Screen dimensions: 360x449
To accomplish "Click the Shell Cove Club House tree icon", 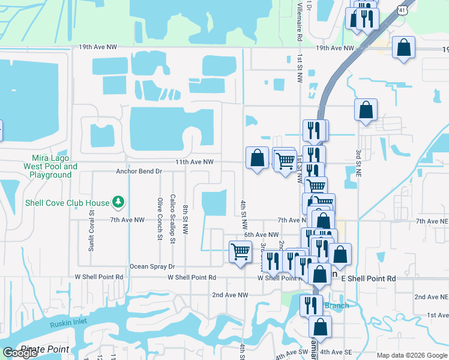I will coord(119,203).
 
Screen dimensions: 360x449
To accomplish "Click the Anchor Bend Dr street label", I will coord(139,171).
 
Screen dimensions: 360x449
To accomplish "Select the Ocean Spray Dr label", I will coord(152,266).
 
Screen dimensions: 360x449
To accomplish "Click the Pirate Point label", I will coord(45,349).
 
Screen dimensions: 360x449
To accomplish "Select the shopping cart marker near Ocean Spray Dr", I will coord(240,251).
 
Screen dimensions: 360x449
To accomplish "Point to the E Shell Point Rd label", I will coord(369,279).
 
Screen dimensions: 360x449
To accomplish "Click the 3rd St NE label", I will coord(358,163).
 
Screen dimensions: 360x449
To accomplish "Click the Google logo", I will coord(20,353).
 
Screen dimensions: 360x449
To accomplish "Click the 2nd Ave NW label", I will coord(230,295).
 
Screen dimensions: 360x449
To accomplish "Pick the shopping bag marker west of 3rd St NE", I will coord(366,110).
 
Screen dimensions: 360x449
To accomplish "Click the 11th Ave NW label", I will coord(194,162).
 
